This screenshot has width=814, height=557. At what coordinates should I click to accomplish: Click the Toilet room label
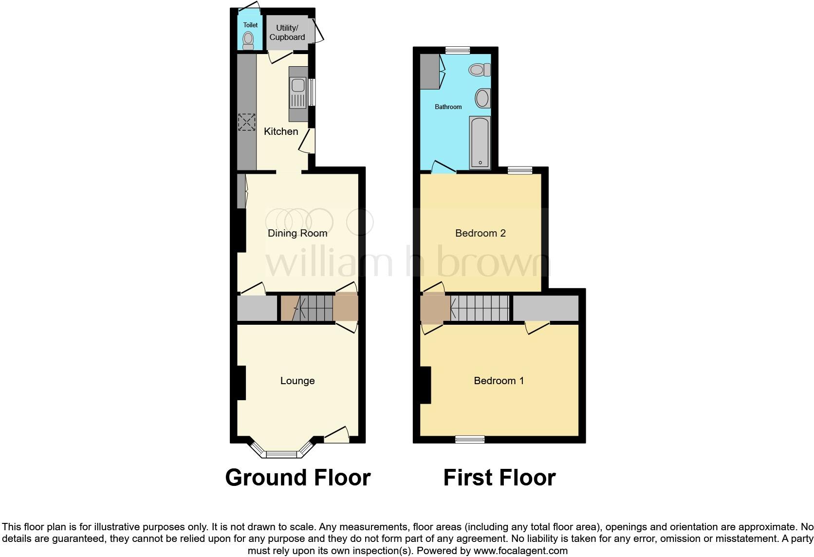(x=250, y=25)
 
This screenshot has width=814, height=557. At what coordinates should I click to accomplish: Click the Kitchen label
(x=281, y=131)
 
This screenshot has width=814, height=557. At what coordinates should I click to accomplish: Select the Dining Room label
(x=297, y=233)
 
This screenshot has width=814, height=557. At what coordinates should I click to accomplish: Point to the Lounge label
(x=297, y=381)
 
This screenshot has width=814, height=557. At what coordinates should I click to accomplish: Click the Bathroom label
(x=448, y=107)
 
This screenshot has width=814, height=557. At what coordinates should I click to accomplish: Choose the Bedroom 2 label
(x=481, y=233)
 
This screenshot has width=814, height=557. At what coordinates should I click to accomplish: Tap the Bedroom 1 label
(x=499, y=381)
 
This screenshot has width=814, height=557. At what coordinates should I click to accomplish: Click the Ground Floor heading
(x=298, y=478)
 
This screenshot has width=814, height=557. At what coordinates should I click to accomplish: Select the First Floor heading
(x=499, y=478)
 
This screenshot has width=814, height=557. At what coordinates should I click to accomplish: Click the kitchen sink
(x=296, y=93)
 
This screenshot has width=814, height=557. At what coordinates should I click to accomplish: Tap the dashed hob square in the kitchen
(x=246, y=122)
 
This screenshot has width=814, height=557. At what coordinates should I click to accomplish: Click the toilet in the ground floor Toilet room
(x=248, y=40)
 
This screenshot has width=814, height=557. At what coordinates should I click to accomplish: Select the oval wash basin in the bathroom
(x=482, y=98)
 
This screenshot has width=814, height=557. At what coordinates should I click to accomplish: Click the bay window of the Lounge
(x=281, y=453)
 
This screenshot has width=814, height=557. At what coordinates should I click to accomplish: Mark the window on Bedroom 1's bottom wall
(x=470, y=439)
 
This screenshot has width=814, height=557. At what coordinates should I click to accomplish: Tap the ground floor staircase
(x=307, y=308)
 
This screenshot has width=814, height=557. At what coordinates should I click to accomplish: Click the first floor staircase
(x=480, y=308)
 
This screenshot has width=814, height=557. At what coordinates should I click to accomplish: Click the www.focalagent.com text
(x=520, y=551)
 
